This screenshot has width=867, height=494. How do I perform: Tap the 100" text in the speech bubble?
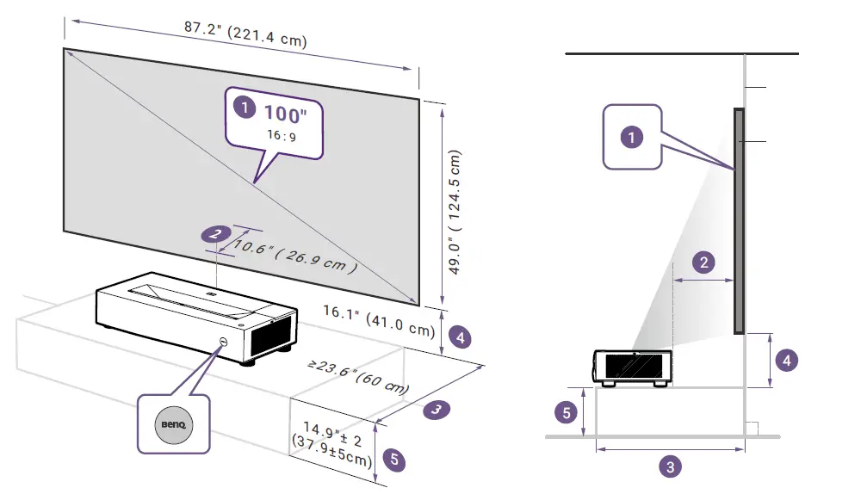285,114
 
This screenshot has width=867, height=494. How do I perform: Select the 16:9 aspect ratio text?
283,137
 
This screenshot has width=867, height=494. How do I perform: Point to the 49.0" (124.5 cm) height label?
455,212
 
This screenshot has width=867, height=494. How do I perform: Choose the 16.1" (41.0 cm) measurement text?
380,321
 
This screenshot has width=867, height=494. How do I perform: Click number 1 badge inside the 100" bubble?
245,108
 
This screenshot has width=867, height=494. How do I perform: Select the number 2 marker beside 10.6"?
215,233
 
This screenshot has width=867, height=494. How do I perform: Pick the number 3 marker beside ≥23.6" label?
437,410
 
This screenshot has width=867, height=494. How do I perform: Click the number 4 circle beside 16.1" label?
461,337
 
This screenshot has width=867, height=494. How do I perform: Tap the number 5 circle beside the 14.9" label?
393,459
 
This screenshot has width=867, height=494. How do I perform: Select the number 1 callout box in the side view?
632,136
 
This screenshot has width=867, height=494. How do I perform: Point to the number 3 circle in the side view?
670,467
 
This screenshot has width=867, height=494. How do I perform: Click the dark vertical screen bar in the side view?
738,219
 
